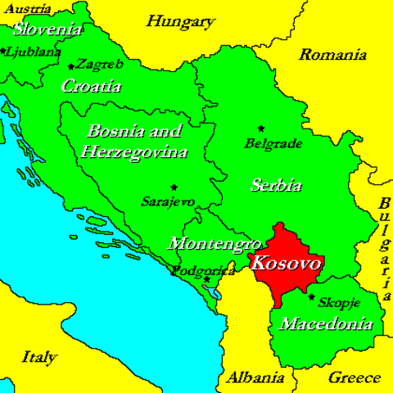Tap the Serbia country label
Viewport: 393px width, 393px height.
click(x=275, y=184)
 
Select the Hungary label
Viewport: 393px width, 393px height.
click(x=181, y=21)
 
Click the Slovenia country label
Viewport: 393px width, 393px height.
click(x=47, y=29)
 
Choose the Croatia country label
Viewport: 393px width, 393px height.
click(x=92, y=85)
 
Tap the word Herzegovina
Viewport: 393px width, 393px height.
click(x=134, y=151)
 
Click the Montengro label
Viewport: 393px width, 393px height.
click(x=214, y=243)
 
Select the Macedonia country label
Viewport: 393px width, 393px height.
click(x=326, y=324)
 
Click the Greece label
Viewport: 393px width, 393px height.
click(x=354, y=377)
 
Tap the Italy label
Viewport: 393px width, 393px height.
click(x=39, y=357)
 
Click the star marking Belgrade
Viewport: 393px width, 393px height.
click(x=261, y=128)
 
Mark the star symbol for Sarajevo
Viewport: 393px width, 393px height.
click(x=174, y=187)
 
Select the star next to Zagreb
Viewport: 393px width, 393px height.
click(x=72, y=65)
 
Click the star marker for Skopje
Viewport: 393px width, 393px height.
click(x=311, y=297)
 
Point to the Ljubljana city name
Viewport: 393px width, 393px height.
click(x=34, y=51)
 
